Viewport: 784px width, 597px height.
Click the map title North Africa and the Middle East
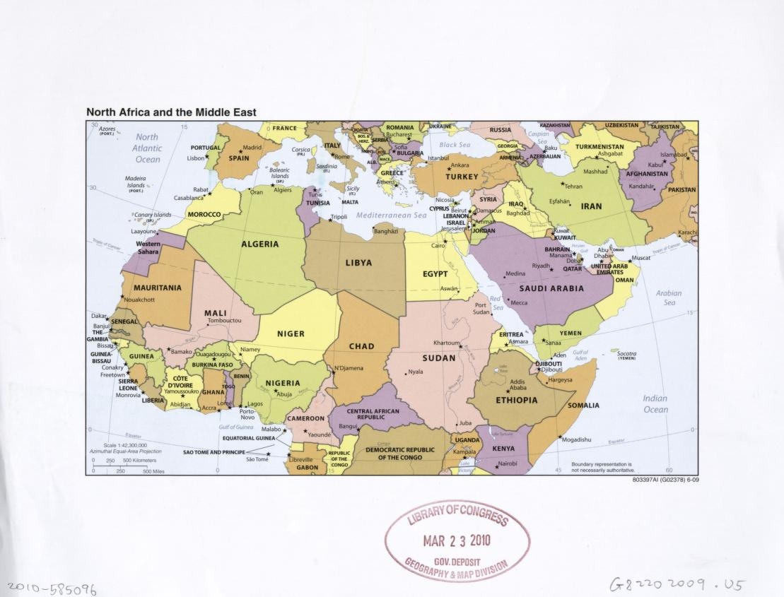point(171,112)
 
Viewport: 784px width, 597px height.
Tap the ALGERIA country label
point(260,244)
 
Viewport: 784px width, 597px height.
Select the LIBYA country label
point(358,263)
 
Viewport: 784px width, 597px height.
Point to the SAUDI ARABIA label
point(551,288)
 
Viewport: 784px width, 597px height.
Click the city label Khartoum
point(447,343)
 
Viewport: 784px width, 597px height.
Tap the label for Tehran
point(573,186)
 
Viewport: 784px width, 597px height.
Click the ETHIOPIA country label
point(516,400)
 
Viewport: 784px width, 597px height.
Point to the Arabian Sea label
point(668,297)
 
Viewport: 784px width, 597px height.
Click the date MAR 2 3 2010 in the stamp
point(457,542)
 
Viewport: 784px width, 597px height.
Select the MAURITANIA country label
point(158,288)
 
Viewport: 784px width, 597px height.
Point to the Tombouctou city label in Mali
point(224,320)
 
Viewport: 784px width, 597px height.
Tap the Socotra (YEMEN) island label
point(626,355)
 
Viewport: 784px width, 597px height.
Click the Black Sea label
point(455,145)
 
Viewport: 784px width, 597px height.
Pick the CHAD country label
point(361,346)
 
